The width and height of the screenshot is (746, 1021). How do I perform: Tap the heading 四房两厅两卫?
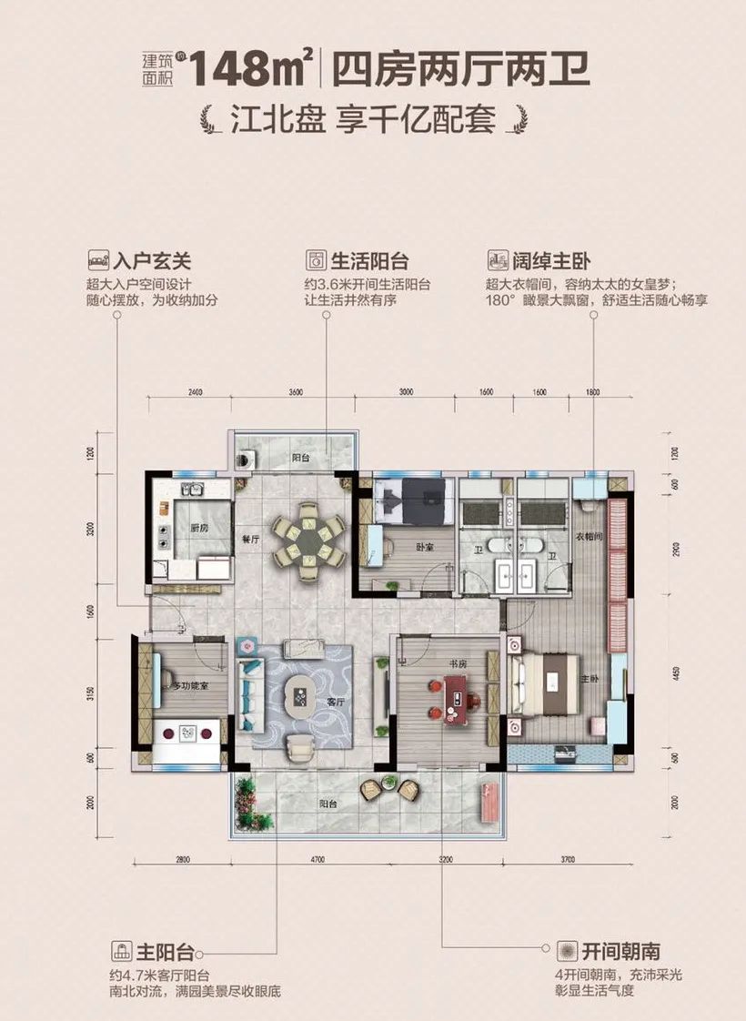(x=461, y=68)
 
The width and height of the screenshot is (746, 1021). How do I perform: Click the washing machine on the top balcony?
(x=247, y=458)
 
